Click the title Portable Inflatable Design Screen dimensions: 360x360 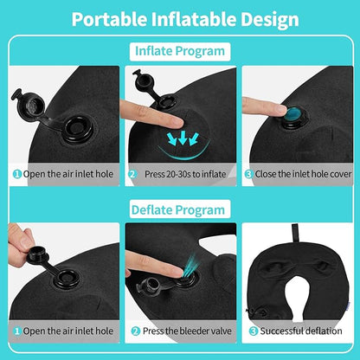[x=180, y=19]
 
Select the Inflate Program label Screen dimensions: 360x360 [x=180, y=51]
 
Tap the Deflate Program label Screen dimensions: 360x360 [x=180, y=209]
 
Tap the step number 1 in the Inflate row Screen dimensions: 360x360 [x=16, y=173]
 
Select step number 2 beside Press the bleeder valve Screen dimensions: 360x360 [x=135, y=331]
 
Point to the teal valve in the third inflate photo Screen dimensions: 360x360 [x=294, y=113]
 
